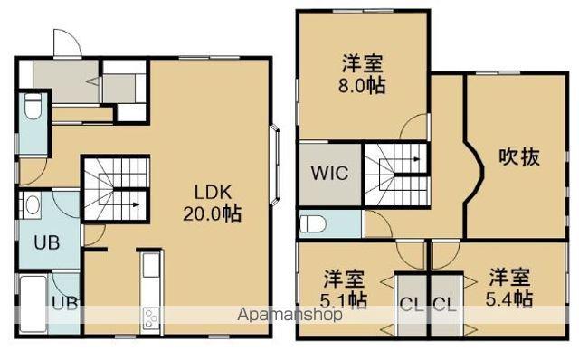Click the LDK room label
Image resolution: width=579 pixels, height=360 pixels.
point(214,192)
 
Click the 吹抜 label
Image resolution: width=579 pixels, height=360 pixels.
point(519,156)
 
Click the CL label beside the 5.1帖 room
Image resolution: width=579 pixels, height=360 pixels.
point(411,304)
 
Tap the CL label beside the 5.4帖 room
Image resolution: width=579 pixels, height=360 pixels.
point(442,304)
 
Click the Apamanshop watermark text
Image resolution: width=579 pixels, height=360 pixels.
point(289,316)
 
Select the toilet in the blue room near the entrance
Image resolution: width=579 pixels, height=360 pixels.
point(33,109)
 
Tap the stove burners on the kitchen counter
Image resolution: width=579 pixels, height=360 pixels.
point(149,318)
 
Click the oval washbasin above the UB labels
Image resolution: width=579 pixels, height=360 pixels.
point(33,206)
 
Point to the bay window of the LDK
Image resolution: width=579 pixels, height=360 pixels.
point(276,166)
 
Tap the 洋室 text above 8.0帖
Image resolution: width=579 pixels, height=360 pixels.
point(361,65)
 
